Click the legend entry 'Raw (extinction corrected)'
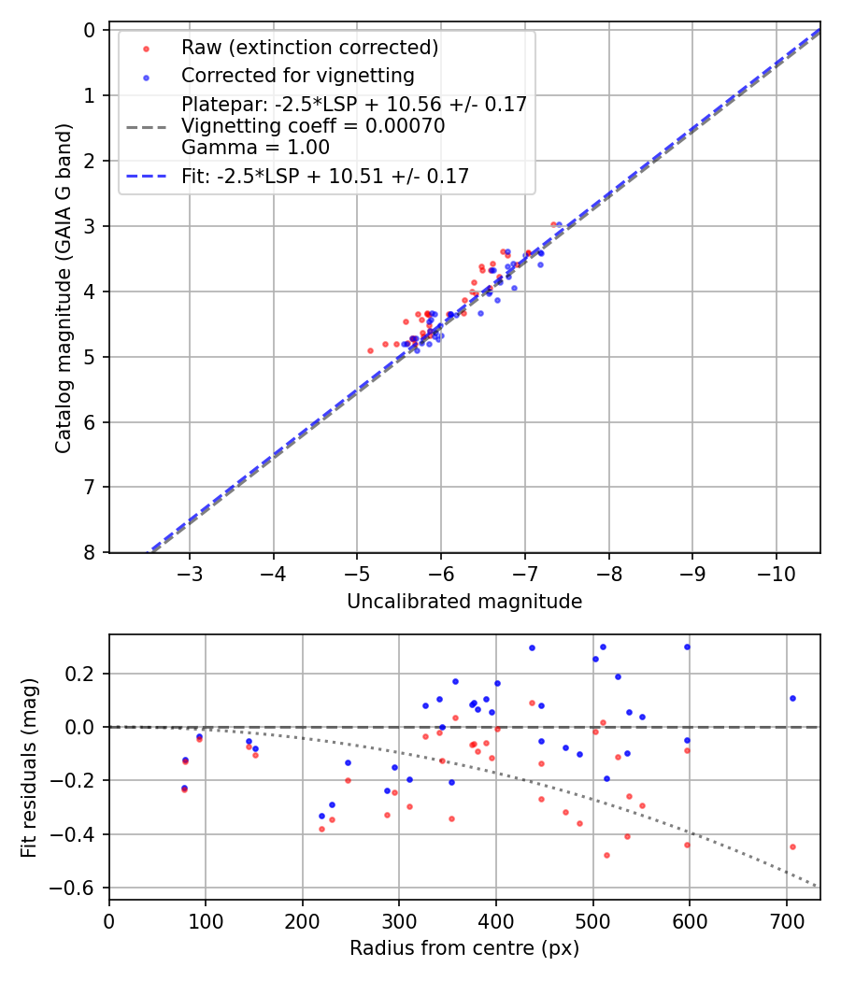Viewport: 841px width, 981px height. click(309, 48)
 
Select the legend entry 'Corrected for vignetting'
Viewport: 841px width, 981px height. click(297, 75)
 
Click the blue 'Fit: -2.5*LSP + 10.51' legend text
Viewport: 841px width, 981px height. click(325, 176)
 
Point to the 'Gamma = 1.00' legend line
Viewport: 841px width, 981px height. click(255, 147)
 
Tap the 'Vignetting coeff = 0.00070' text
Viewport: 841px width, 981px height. click(313, 125)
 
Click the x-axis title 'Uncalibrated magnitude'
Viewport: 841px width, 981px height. click(464, 602)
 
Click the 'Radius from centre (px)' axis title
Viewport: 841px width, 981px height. click(464, 948)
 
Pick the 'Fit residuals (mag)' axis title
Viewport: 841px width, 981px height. click(30, 767)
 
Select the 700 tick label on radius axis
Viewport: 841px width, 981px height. click(787, 921)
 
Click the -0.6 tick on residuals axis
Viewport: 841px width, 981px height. click(79, 887)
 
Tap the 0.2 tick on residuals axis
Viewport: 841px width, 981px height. click(84, 674)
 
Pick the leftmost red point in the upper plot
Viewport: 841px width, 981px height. click(370, 350)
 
